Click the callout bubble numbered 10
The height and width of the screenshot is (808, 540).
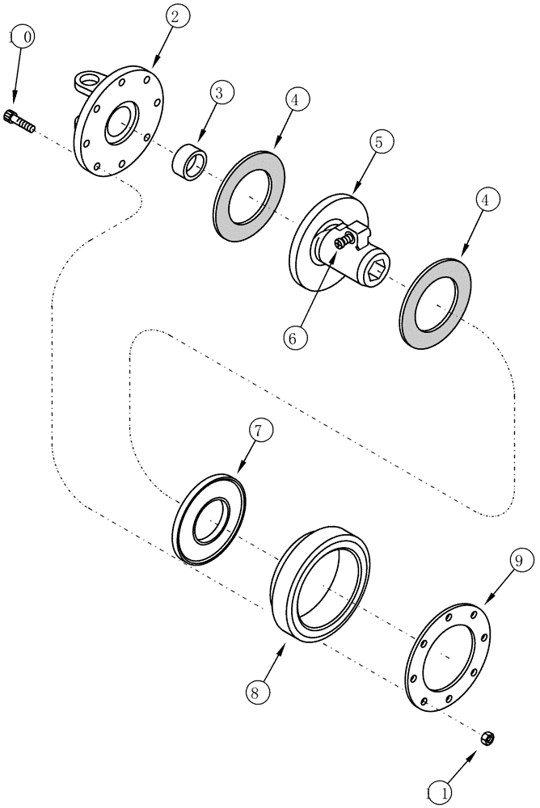coord(21,37)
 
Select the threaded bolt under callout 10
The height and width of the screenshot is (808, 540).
coord(21,121)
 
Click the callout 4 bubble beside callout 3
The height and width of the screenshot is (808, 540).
coord(296,101)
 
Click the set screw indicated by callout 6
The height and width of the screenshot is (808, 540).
coord(346,239)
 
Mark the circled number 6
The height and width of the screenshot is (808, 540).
coord(294,337)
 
